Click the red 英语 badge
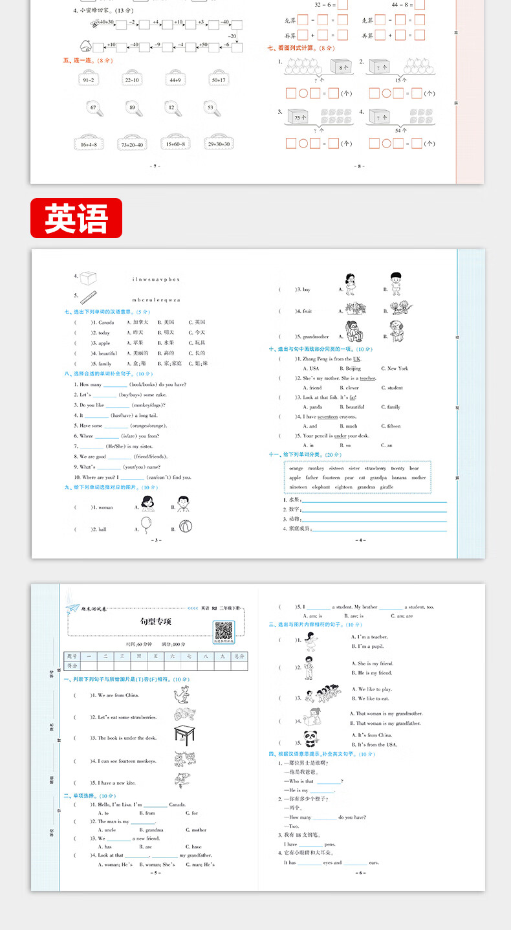[x=76, y=217]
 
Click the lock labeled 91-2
[x=89, y=79]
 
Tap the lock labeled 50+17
[x=217, y=79]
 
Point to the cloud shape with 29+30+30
[x=219, y=144]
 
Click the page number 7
[x=155, y=166]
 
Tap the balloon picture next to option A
[x=144, y=525]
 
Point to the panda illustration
[x=311, y=738]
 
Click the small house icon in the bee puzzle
[x=85, y=46]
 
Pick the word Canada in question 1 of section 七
[x=106, y=322]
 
